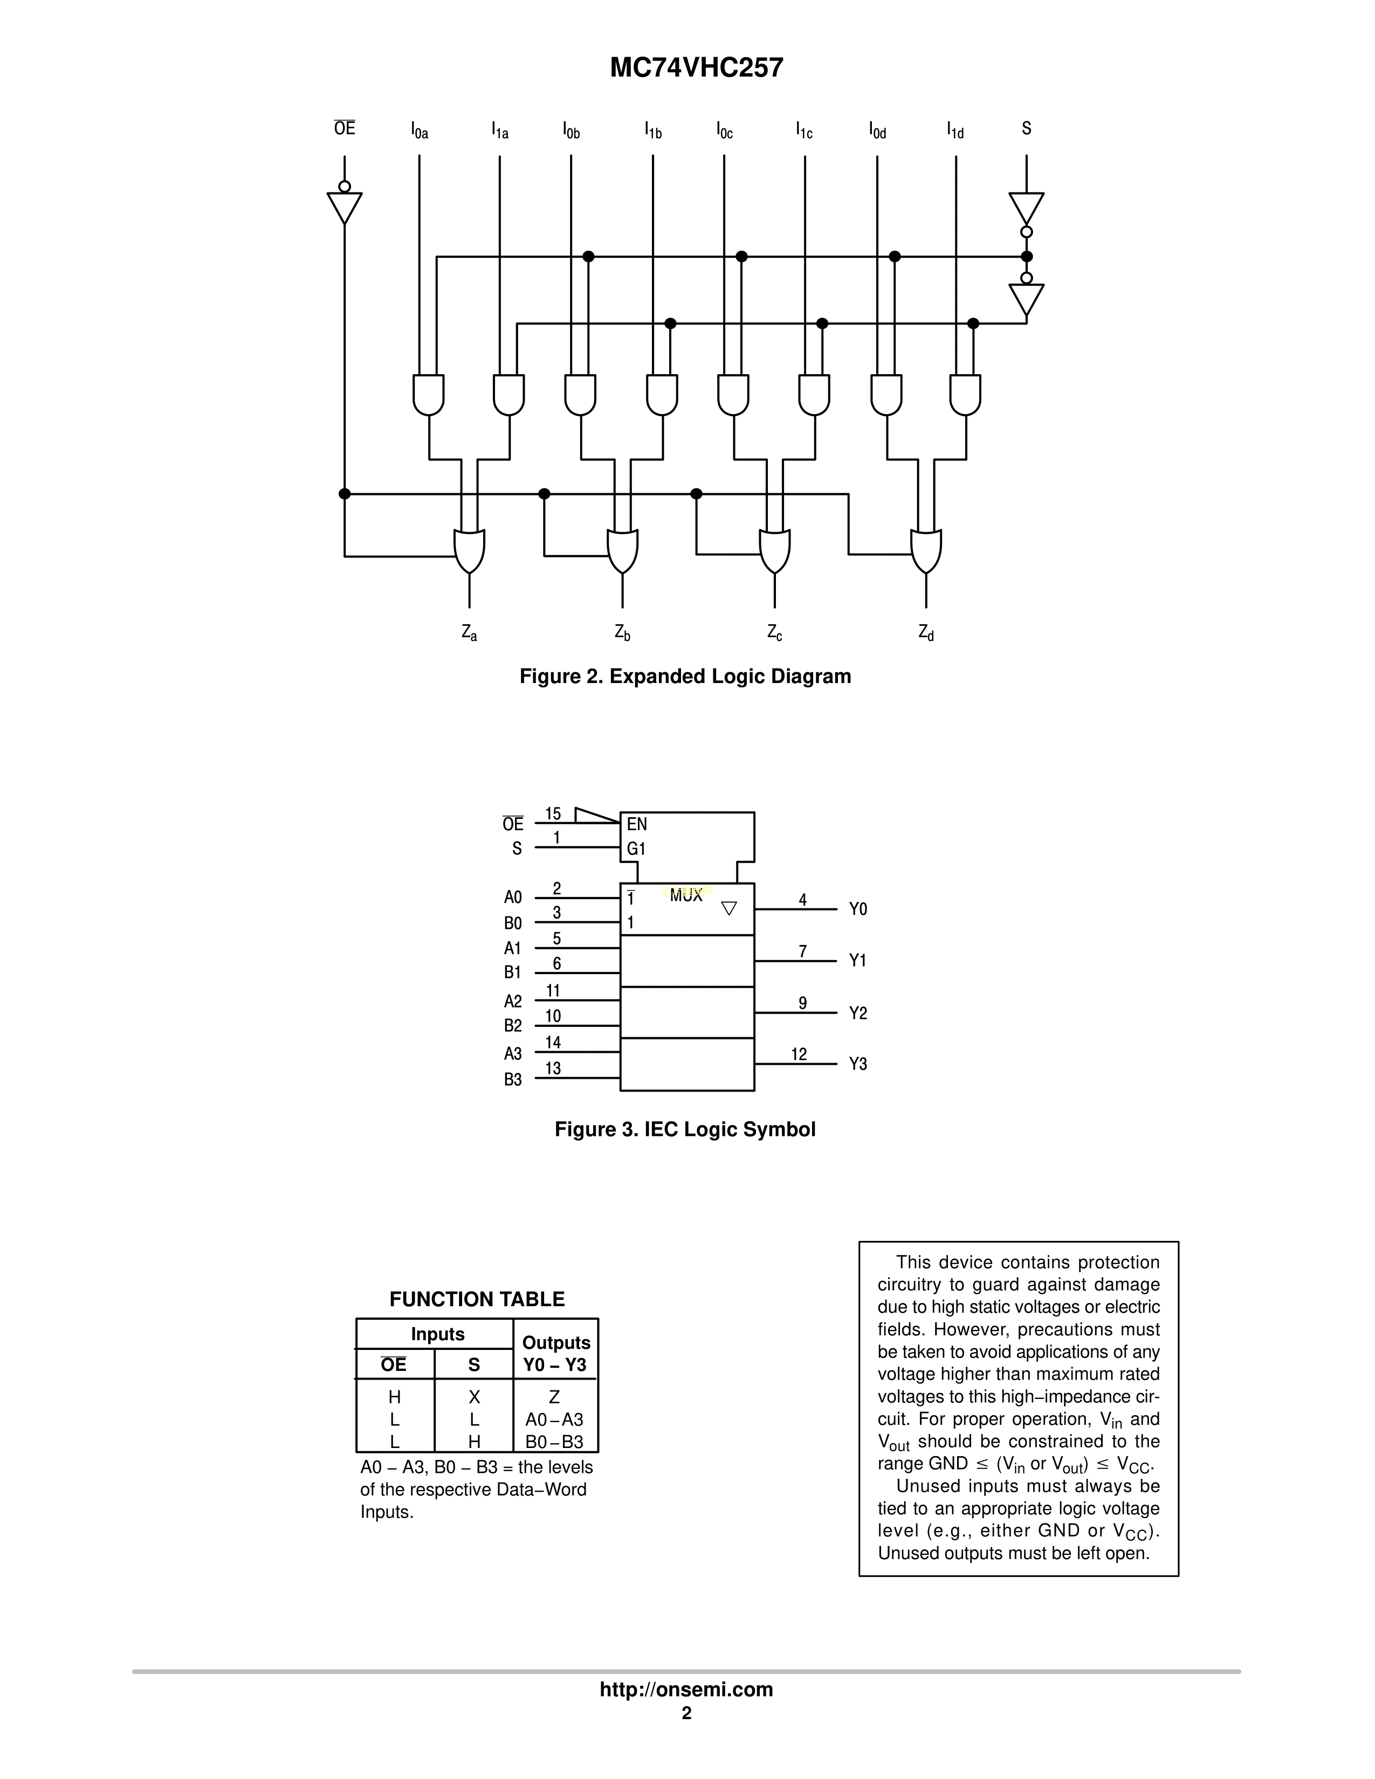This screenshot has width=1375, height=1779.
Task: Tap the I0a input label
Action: click(420, 130)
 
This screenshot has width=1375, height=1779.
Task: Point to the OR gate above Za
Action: click(469, 551)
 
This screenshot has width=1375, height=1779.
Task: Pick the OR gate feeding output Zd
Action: click(926, 551)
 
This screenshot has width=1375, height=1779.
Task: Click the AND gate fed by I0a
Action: click(429, 395)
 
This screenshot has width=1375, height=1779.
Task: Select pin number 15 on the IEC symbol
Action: click(553, 813)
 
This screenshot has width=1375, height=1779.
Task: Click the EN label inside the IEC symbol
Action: click(637, 824)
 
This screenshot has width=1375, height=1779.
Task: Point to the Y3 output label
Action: click(858, 1064)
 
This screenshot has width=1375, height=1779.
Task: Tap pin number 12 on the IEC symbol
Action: click(799, 1054)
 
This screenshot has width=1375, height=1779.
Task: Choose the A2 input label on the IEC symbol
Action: click(512, 1001)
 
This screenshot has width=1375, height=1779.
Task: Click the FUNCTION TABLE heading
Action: click(477, 1299)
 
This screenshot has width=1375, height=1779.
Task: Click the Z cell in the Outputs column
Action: click(554, 1397)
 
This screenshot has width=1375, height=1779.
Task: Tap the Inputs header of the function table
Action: click(437, 1334)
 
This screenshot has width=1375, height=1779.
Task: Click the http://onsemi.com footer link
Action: click(686, 1690)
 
